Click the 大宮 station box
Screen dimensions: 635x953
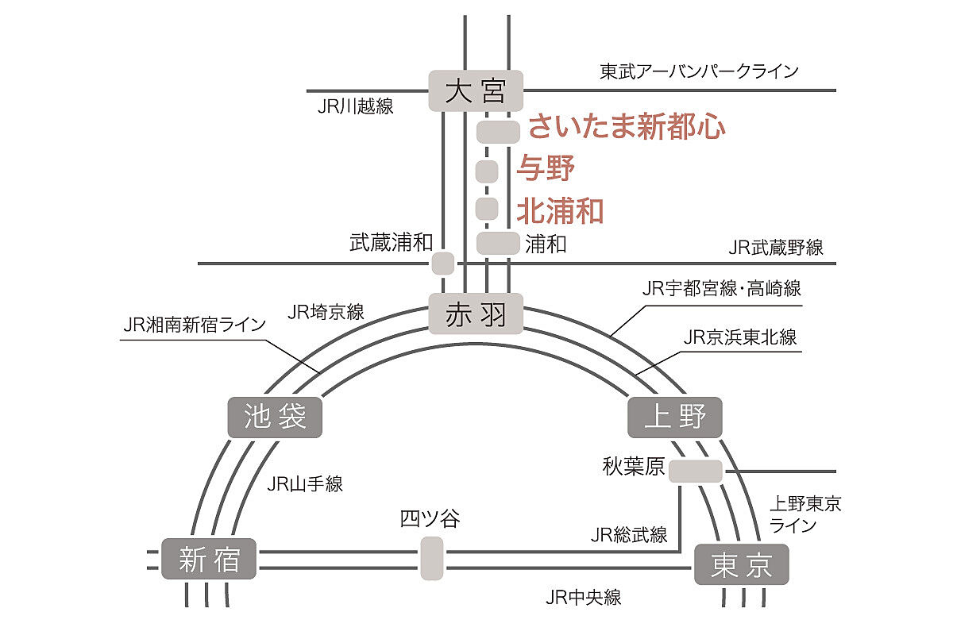pos(476,91)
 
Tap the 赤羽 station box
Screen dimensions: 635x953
pos(476,313)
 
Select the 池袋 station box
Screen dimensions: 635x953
pos(275,417)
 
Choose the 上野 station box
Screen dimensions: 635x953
pos(675,417)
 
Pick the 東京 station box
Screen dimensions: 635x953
pos(741,564)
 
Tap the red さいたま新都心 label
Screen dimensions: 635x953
pos(627,127)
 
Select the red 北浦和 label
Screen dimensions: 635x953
pos(560,210)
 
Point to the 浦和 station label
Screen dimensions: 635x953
pos(546,244)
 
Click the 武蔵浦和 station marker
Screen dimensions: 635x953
pos(443,263)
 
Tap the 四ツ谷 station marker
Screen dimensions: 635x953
pos(431,558)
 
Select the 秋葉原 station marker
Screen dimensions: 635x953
pos(696,471)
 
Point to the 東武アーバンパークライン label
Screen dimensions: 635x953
pos(699,71)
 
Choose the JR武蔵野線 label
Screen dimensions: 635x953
pos(776,248)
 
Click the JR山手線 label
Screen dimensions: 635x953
pos(306,483)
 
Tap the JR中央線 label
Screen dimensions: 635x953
pos(584,598)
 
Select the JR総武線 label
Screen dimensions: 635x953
pos(629,534)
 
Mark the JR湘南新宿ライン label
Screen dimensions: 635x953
pos(195,325)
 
